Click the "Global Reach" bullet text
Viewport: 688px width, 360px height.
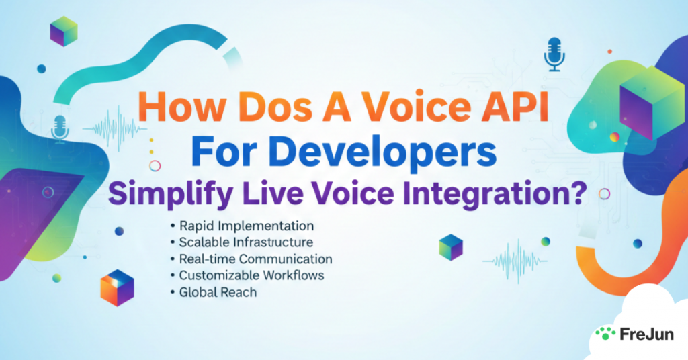click(x=218, y=293)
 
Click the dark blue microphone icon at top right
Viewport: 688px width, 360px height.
click(x=553, y=54)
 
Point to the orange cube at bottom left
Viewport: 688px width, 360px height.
click(x=117, y=287)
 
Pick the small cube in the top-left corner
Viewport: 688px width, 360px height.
click(x=64, y=31)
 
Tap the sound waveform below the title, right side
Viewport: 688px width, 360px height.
click(x=517, y=261)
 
